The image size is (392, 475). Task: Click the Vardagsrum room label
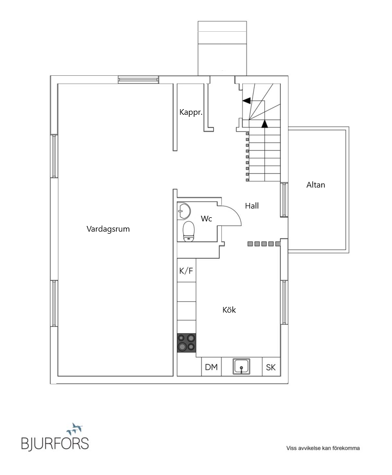pos(108,229)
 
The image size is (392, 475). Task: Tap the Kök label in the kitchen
pos(229,310)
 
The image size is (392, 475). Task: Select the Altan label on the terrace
pos(316,185)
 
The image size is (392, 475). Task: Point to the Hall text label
pos(252,206)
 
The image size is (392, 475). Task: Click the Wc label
pos(206,219)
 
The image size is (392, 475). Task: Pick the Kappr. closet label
pos(191,112)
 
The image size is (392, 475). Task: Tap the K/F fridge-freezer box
pos(186,271)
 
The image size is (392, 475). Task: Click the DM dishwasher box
pos(211,367)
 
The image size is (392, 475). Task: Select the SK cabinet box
pos(271,367)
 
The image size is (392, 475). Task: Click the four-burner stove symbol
pos(187,342)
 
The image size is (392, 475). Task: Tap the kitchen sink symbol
pos(242,366)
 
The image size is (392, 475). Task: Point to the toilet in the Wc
pos(188,230)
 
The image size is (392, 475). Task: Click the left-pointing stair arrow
pos(246,100)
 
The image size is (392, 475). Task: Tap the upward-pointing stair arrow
pos(264,123)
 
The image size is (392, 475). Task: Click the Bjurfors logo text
pos(55,443)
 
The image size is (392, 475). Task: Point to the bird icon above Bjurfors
pos(75,427)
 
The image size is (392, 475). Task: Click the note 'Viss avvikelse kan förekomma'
pos(323,448)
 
